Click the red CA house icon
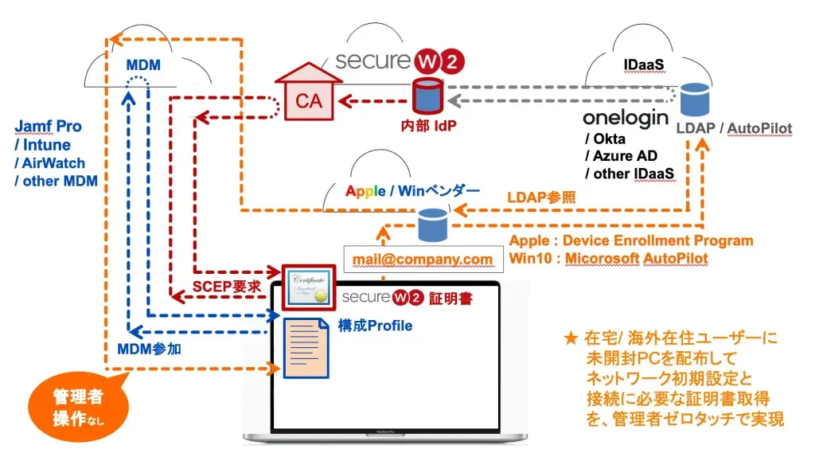[308, 95]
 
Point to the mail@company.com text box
[423, 259]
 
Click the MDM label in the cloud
[143, 64]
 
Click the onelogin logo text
[624, 118]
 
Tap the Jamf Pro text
[49, 127]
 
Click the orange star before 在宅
[569, 338]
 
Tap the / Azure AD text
[620, 156]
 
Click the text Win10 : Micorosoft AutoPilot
[608, 259]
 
